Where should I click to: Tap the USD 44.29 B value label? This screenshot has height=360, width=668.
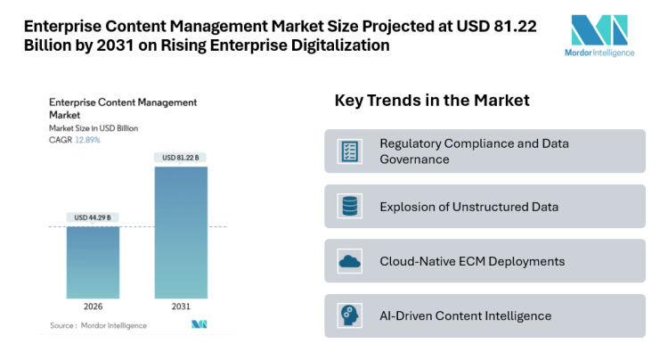point(94,217)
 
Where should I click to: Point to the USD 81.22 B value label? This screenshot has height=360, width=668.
point(181,158)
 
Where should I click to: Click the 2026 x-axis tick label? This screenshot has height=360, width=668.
point(94,306)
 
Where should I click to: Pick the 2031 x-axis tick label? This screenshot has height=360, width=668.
point(181,306)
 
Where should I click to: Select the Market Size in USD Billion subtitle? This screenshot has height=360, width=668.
point(94,128)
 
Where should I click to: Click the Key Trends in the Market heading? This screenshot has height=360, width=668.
point(432,101)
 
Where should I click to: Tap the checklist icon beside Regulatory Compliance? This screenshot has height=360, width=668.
point(349,151)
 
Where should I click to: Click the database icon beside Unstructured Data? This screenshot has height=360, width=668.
point(349,207)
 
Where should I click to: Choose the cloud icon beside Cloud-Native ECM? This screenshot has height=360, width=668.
point(349,262)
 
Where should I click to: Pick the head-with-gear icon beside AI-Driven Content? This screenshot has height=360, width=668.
point(349,316)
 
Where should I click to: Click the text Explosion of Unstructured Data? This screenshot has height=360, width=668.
point(468,207)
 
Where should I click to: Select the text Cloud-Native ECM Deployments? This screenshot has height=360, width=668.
point(472,262)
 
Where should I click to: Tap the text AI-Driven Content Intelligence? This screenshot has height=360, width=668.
point(465,316)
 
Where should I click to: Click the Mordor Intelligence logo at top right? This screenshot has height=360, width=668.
point(601,36)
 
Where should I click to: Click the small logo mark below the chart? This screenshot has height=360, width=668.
point(199,324)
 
